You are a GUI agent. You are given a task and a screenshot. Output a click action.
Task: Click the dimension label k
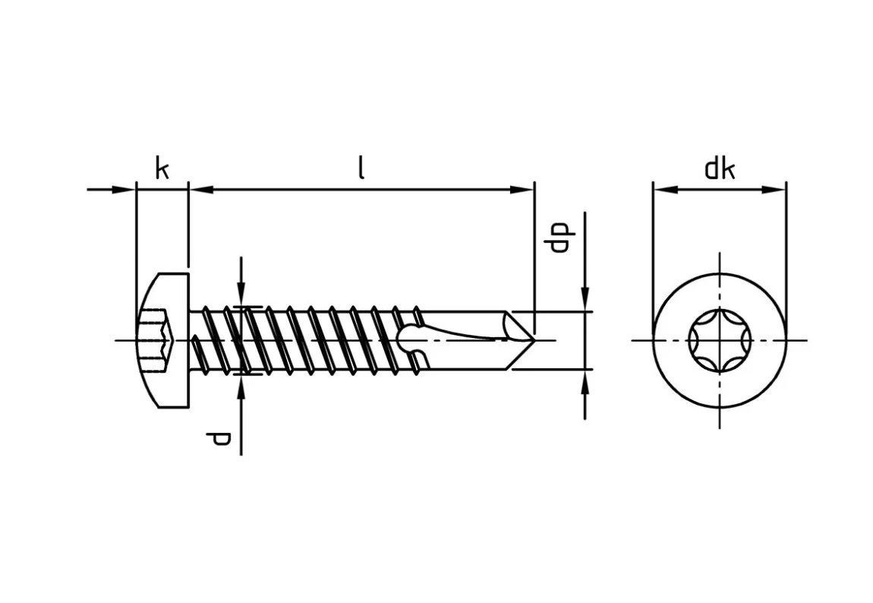tap(162, 169)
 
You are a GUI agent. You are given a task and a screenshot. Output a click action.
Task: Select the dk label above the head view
tap(720, 169)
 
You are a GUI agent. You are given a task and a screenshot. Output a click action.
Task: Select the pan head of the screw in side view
tap(162, 339)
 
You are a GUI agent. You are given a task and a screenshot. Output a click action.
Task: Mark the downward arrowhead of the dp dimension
tap(585, 300)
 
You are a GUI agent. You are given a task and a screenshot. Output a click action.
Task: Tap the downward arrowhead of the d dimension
tap(241, 295)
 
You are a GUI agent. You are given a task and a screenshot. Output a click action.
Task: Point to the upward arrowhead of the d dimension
tap(241, 385)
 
